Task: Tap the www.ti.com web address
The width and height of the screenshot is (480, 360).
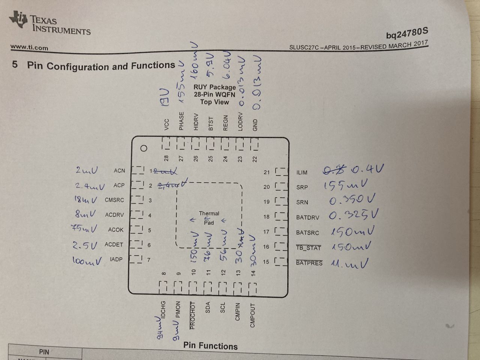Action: pos(29,47)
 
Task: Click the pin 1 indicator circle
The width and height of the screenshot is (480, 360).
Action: pos(143,148)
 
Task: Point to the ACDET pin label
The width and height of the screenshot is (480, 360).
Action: pos(114,244)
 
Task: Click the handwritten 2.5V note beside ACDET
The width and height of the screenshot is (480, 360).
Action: pos(85,246)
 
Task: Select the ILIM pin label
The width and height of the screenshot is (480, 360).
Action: pos(302,172)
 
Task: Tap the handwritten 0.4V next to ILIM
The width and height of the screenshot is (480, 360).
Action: pos(367,169)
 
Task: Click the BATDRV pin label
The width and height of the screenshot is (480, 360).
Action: pos(307,217)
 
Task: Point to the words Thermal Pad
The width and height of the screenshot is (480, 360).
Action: pos(209,218)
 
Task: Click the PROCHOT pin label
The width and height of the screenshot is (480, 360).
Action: pos(193,315)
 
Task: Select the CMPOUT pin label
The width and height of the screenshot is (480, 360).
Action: pos(252,315)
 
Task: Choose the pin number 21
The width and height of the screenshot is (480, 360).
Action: pos(267,172)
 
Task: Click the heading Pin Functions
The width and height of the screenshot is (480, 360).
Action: pos(210,346)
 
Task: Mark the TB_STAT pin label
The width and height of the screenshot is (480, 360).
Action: pos(309,247)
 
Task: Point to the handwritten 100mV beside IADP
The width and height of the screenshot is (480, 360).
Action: pos(87,261)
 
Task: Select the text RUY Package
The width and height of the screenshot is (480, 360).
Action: pos(214,87)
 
